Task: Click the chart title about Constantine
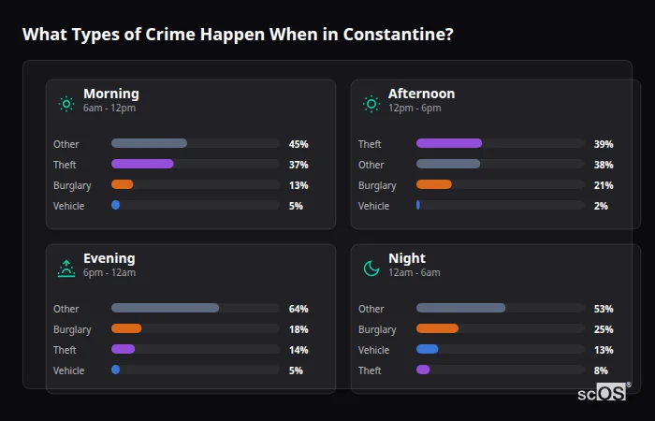[238, 35]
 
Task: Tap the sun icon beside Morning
[65, 103]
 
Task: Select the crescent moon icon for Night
[371, 268]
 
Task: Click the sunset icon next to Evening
[65, 268]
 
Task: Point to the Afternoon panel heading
[421, 94]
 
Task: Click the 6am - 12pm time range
[109, 109]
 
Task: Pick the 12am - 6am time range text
[414, 273]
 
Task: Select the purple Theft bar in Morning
[142, 164]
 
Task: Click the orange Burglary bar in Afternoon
[434, 184]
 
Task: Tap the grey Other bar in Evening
[165, 308]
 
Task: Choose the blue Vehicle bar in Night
[427, 349]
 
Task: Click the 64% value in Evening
[298, 309]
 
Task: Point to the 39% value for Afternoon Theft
[604, 144]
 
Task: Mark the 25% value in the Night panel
[604, 329]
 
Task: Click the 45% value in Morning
[298, 144]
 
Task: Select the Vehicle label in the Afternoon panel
[373, 206]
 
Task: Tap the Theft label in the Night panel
[371, 370]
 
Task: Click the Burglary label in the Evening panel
[72, 329]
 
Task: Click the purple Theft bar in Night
[423, 370]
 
